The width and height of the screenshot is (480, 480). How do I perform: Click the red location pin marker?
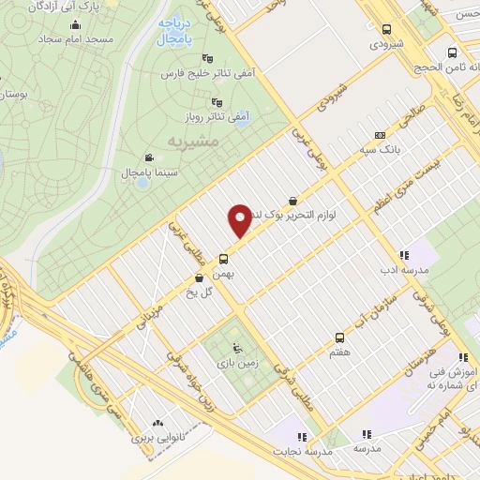[240, 219]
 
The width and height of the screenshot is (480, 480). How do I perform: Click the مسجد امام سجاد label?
[78, 41]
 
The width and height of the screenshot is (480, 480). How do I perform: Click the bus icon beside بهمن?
[224, 259]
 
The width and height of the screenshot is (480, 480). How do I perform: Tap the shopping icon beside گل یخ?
[199, 278]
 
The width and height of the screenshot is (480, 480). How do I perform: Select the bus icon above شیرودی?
[386, 29]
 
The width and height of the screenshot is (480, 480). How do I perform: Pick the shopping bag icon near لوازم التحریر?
[293, 200]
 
